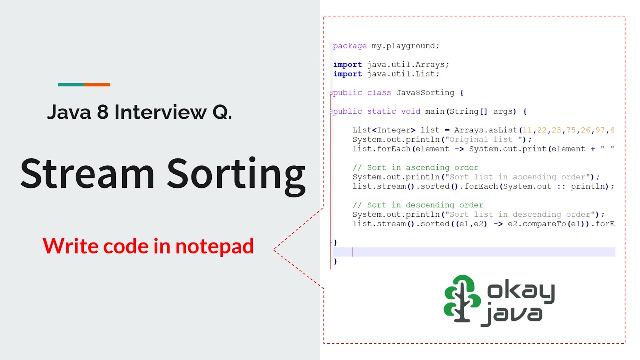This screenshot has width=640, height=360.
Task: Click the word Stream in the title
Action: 88,173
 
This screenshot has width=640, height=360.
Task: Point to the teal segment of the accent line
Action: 71,85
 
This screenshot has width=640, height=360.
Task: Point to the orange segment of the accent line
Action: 97,85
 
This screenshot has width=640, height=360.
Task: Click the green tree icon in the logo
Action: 462,298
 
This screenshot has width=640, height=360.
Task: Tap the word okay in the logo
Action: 520,292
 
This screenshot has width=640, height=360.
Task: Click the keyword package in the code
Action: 350,46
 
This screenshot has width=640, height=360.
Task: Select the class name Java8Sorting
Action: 425,93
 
